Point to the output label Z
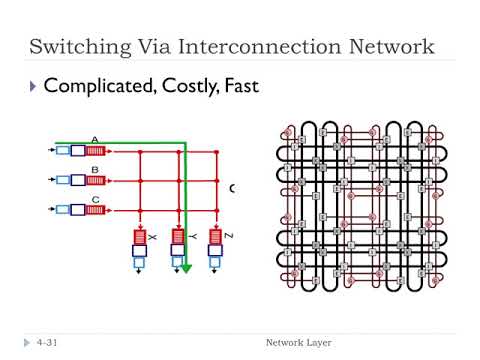(x=228, y=236)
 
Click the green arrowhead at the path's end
(x=187, y=268)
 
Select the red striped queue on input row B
(x=95, y=181)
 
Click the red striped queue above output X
(x=139, y=236)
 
